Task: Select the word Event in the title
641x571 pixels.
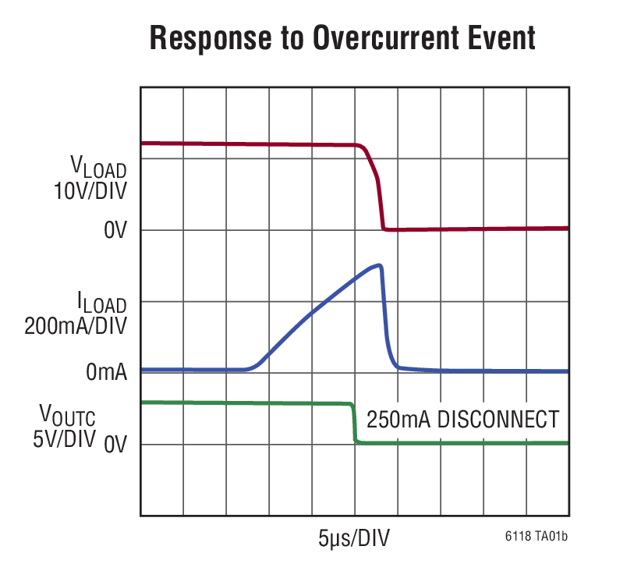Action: tap(500, 38)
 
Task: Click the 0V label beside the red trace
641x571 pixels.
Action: tap(115, 232)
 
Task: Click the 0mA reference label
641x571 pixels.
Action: tap(107, 373)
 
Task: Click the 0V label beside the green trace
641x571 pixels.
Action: tap(115, 445)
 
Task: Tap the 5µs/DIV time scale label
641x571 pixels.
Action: tap(354, 538)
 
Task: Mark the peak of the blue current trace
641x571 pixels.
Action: tap(379, 265)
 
